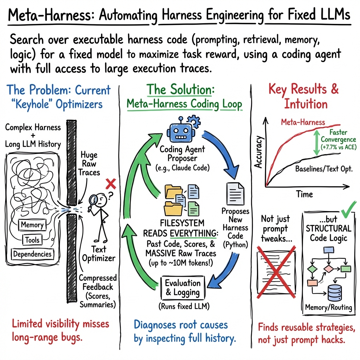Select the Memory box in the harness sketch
click(32, 225)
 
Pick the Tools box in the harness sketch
click(32, 240)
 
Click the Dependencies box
click(33, 254)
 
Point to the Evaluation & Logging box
click(182, 288)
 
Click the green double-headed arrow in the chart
click(315, 142)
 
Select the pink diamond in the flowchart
click(328, 268)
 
